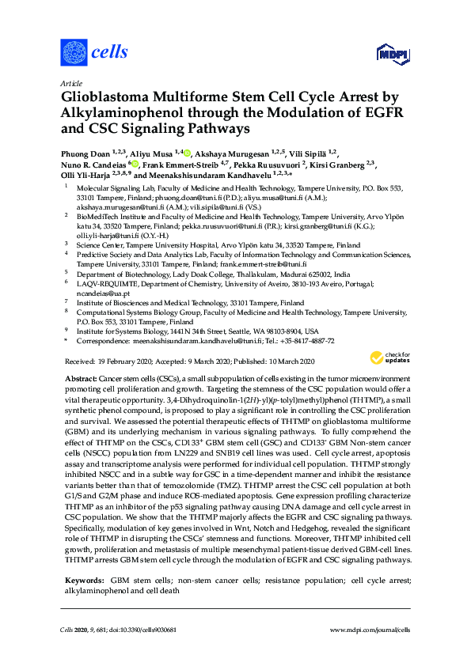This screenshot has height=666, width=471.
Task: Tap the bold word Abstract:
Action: tap(81, 380)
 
